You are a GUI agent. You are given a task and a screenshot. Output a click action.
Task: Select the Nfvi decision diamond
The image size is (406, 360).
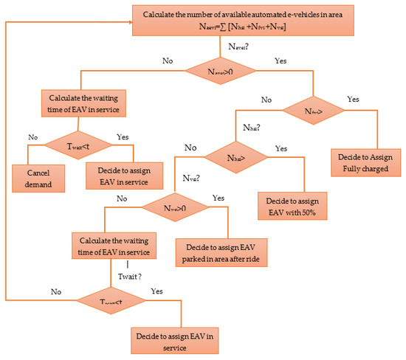click(x=314, y=111)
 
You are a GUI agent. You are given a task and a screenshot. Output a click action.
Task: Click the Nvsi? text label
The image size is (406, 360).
click(x=193, y=178)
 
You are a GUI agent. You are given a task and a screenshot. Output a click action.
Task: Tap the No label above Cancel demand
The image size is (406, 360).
click(x=32, y=136)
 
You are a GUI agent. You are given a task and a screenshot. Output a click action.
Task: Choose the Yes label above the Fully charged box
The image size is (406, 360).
click(x=354, y=99)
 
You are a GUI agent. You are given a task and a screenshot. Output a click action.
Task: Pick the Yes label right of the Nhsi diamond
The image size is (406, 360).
click(x=281, y=148)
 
